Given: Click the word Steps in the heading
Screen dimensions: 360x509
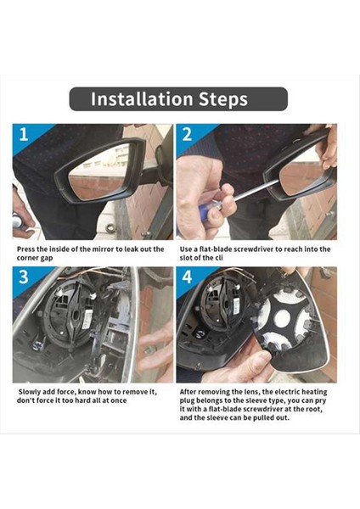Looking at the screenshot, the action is click(x=223, y=100).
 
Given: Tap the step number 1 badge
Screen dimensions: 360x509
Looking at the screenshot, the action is click(x=24, y=134).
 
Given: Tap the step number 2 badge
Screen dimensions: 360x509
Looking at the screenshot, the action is click(x=187, y=134).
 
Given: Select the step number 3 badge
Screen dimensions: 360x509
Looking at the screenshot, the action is click(x=24, y=277).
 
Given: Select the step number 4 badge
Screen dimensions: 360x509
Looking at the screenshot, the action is click(x=187, y=277).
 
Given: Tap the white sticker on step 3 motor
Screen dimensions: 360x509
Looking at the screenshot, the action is click(x=87, y=319).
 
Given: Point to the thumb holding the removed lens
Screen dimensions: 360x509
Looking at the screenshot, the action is click(x=256, y=361).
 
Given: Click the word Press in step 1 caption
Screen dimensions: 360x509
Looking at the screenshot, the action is click(x=25, y=249).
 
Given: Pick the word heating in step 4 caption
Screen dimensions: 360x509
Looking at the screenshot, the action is click(x=314, y=392).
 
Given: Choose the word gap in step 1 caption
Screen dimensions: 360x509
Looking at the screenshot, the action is click(x=46, y=258).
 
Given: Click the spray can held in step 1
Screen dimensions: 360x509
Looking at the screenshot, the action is click(x=17, y=221).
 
